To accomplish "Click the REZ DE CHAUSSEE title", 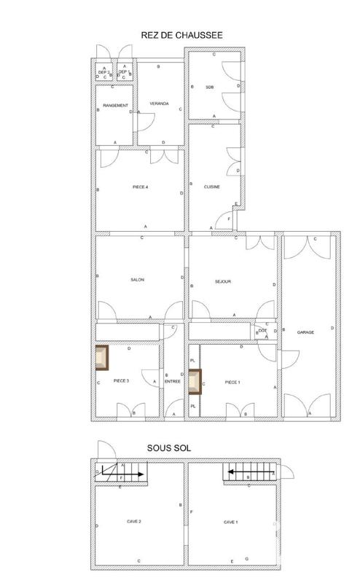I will pyautogui.click(x=181, y=34).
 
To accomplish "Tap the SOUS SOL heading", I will pyautogui.click(x=170, y=448).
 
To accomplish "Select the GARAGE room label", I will pyautogui.click(x=305, y=332).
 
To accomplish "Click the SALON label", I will pyautogui.click(x=137, y=281).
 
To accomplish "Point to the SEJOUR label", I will pyautogui.click(x=223, y=281).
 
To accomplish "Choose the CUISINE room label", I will pyautogui.click(x=212, y=187).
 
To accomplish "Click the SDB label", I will pyautogui.click(x=210, y=87).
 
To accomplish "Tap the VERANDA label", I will pyautogui.click(x=159, y=104).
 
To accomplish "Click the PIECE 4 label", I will pyautogui.click(x=141, y=187).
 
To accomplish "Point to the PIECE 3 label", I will pyautogui.click(x=121, y=381).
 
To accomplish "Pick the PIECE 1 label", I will pyautogui.click(x=232, y=382).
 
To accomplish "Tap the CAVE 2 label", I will pyautogui.click(x=133, y=522).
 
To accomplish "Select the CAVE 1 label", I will pyautogui.click(x=231, y=522).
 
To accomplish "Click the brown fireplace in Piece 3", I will pyautogui.click(x=101, y=358).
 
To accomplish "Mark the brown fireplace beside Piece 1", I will pyautogui.click(x=195, y=381).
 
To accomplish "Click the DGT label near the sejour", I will pyautogui.click(x=262, y=331).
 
